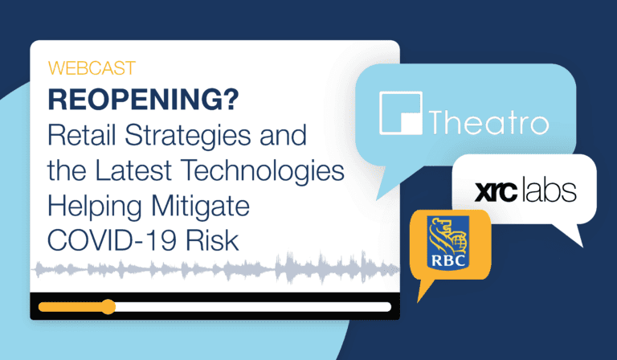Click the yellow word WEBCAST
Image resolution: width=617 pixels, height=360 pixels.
click(92, 68)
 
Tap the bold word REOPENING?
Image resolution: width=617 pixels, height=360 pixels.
click(143, 100)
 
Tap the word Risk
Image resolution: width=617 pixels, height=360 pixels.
click(212, 240)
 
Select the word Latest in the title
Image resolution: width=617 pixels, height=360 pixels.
click(133, 170)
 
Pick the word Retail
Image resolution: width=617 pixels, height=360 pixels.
click(82, 135)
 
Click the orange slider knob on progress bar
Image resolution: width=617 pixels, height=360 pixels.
click(108, 307)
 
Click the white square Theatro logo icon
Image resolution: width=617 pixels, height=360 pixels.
click(401, 113)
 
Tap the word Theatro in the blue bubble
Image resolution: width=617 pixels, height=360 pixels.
click(488, 121)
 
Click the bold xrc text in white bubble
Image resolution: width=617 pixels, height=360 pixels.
click(496, 191)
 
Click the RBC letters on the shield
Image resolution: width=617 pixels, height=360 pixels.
click(448, 260)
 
